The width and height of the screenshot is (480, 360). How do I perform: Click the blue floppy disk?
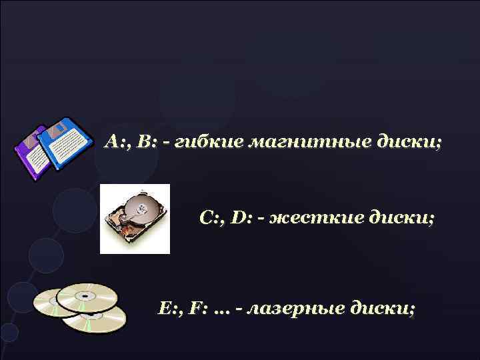coord(64,143)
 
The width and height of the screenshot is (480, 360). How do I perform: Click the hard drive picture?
coord(135,218)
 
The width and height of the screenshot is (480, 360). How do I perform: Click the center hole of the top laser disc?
coord(85,295)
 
